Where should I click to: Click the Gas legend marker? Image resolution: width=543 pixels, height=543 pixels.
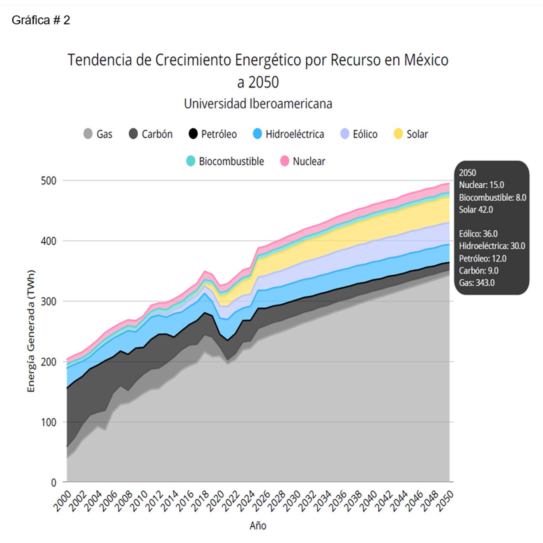[88, 134]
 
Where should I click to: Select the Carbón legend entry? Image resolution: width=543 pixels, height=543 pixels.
[150, 134]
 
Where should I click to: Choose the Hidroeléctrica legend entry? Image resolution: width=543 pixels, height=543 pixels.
[288, 134]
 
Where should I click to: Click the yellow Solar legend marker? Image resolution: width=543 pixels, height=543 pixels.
[398, 134]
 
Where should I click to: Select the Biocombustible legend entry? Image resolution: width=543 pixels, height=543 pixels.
[225, 161]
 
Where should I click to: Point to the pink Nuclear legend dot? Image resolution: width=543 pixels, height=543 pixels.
[285, 161]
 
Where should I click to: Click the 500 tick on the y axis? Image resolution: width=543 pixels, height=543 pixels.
[48, 181]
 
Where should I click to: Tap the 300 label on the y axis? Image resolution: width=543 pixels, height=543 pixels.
[48, 301]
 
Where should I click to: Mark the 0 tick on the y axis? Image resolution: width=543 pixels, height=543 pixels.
[54, 482]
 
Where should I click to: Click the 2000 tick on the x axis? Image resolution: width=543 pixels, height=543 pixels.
[62, 501]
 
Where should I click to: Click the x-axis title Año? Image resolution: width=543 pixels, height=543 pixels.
[258, 526]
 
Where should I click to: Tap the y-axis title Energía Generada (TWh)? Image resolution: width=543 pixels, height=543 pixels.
[31, 331]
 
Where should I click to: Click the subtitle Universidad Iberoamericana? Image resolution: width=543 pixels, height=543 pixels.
[258, 104]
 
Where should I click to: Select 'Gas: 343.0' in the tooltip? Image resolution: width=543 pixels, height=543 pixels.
[477, 283]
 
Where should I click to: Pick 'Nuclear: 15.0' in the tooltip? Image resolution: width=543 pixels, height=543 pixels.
[481, 185]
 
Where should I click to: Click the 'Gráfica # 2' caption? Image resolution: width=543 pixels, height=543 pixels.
[41, 20]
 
